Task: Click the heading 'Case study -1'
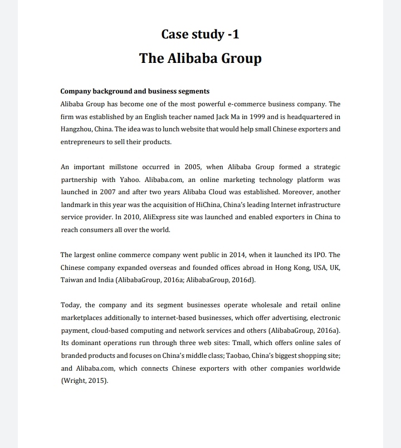coord(200,35)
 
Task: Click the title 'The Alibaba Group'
coord(200,58)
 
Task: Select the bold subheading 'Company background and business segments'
coord(134,91)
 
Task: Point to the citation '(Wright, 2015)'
coord(85,381)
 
